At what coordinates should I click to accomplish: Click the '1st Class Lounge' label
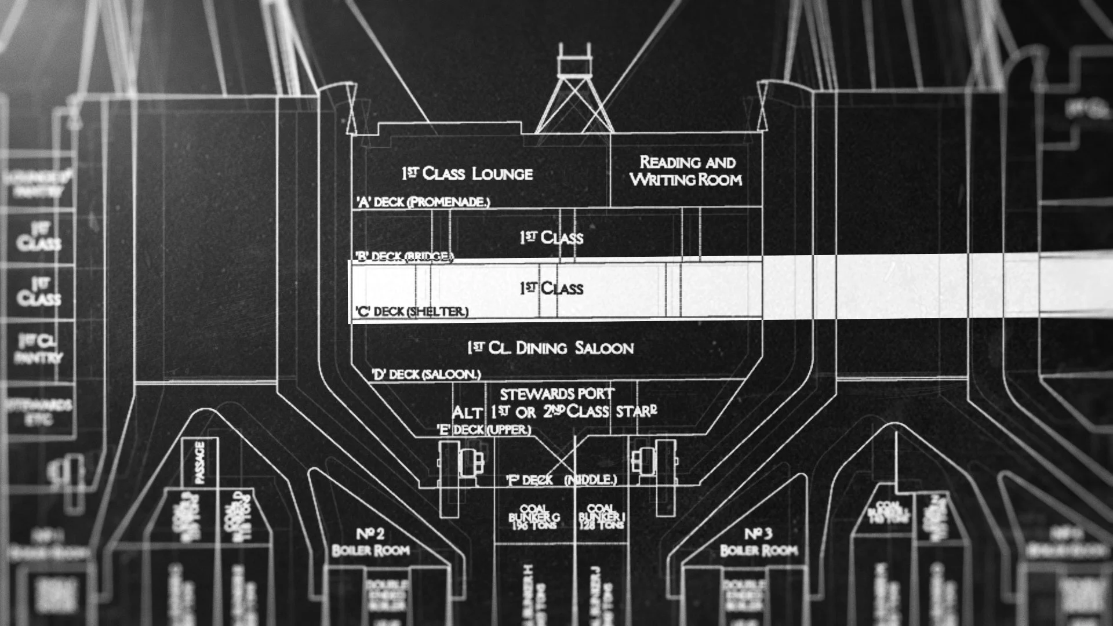[x=467, y=173]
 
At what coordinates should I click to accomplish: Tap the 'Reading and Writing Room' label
[x=686, y=171]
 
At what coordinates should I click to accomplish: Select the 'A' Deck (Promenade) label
[x=423, y=202]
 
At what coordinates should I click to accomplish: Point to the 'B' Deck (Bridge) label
[x=404, y=256]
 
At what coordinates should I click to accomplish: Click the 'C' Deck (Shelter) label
[x=412, y=311]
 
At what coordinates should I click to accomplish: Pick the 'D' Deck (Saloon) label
[x=427, y=374]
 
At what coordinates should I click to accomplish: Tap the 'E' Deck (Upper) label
[x=484, y=430]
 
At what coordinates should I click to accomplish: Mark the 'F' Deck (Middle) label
[x=561, y=480]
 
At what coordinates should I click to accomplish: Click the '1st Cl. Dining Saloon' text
[x=550, y=348]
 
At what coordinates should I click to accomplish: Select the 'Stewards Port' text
[x=556, y=394]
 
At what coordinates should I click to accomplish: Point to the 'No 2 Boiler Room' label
[x=371, y=542]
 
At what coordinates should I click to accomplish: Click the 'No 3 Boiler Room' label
[x=758, y=542]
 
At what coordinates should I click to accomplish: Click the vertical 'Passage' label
[x=200, y=462]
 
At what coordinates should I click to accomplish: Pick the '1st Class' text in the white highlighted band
[x=551, y=288]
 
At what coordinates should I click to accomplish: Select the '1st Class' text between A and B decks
[x=551, y=237]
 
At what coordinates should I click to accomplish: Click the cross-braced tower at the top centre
[x=574, y=93]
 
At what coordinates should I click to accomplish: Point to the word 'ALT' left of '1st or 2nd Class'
[x=467, y=413]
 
